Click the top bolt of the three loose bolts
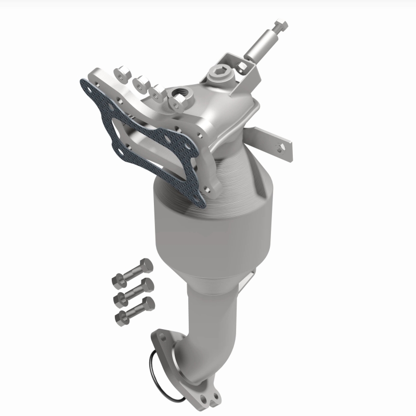pyautogui.click(x=134, y=271)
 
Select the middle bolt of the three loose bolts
pyautogui.click(x=134, y=291)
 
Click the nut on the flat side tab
pyautogui.click(x=281, y=148)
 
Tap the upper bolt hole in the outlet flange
pyautogui.click(x=158, y=338)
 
